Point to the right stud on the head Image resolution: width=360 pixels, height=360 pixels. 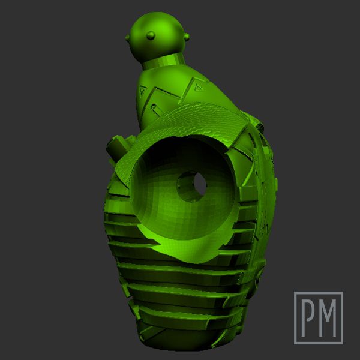click(188, 37)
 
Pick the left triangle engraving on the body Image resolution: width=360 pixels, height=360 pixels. click(142, 91)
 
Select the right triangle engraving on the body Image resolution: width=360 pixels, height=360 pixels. click(197, 87)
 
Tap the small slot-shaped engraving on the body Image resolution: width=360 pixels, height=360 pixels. click(155, 109)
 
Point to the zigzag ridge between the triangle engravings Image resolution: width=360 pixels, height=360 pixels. click(171, 90)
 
